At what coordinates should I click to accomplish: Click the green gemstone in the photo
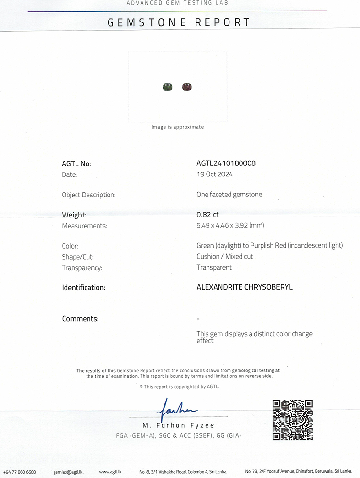pyautogui.click(x=167, y=87)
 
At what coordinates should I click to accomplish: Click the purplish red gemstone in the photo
pyautogui.click(x=186, y=87)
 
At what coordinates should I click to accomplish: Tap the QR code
pyautogui.click(x=292, y=420)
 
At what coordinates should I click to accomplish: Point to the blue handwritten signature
pyautogui.click(x=176, y=408)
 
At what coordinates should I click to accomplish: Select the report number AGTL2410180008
pyautogui.click(x=226, y=163)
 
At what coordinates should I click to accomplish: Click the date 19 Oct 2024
pyautogui.click(x=215, y=174)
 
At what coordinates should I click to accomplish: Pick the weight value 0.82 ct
pyautogui.click(x=207, y=215)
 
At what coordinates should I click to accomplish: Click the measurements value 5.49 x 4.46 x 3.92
pyautogui.click(x=230, y=225)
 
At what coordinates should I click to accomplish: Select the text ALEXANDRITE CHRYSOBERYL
pyautogui.click(x=244, y=287)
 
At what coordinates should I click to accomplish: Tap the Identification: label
pyautogui.click(x=84, y=288)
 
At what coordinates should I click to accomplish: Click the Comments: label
pyautogui.click(x=80, y=319)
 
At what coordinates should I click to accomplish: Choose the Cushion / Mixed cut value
pyautogui.click(x=225, y=256)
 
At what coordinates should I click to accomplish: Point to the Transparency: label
pyautogui.click(x=82, y=268)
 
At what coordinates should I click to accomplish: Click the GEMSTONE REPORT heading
pyautogui.click(x=179, y=22)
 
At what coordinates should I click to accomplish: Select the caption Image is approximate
pyautogui.click(x=177, y=127)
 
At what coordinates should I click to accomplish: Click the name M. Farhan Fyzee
pyautogui.click(x=178, y=425)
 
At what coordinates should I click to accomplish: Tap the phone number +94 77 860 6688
pyautogui.click(x=20, y=472)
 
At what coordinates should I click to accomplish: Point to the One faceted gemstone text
pyautogui.click(x=229, y=195)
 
